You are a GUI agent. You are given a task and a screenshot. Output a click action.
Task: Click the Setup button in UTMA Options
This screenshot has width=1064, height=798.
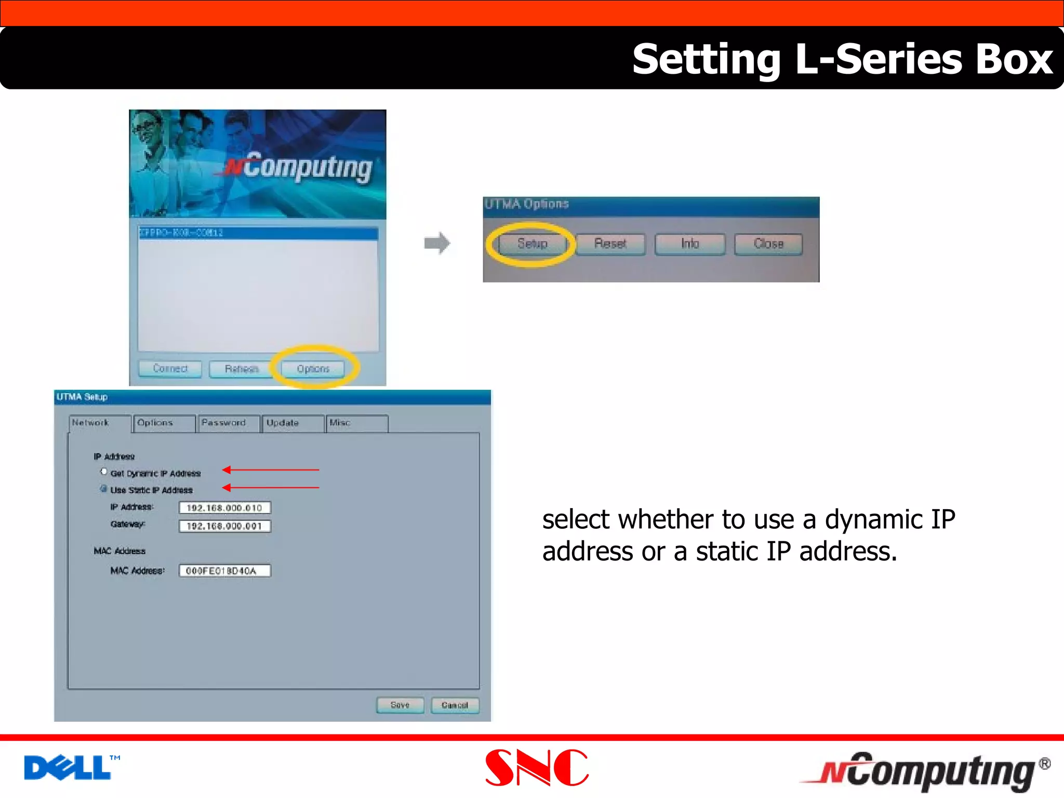(532, 244)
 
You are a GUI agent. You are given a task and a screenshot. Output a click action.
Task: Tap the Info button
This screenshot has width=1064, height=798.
(689, 244)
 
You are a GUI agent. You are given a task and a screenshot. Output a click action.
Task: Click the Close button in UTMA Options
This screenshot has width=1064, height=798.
(768, 244)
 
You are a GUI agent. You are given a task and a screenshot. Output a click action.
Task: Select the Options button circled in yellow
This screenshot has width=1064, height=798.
(313, 369)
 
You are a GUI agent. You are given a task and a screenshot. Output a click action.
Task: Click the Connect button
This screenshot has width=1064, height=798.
(170, 369)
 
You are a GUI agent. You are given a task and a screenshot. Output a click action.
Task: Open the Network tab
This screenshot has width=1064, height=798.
(99, 423)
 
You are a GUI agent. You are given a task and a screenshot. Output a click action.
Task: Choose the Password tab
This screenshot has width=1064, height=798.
(228, 423)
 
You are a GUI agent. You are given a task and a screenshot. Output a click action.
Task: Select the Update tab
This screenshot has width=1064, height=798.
(292, 423)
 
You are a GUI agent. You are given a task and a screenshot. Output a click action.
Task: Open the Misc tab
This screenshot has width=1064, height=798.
(356, 423)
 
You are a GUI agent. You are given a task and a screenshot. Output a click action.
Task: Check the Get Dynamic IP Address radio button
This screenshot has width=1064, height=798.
(104, 472)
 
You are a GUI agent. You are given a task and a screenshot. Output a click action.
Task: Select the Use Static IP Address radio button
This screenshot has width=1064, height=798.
(104, 489)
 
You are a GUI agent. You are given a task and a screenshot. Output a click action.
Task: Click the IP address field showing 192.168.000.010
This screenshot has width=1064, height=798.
(224, 508)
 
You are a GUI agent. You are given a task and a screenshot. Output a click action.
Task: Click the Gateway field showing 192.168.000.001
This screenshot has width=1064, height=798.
(224, 526)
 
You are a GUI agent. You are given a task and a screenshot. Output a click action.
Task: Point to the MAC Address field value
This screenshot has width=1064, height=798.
(224, 570)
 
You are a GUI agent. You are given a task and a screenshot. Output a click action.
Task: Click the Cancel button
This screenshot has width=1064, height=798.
(455, 705)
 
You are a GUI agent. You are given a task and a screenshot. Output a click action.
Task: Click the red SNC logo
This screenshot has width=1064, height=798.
(536, 767)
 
